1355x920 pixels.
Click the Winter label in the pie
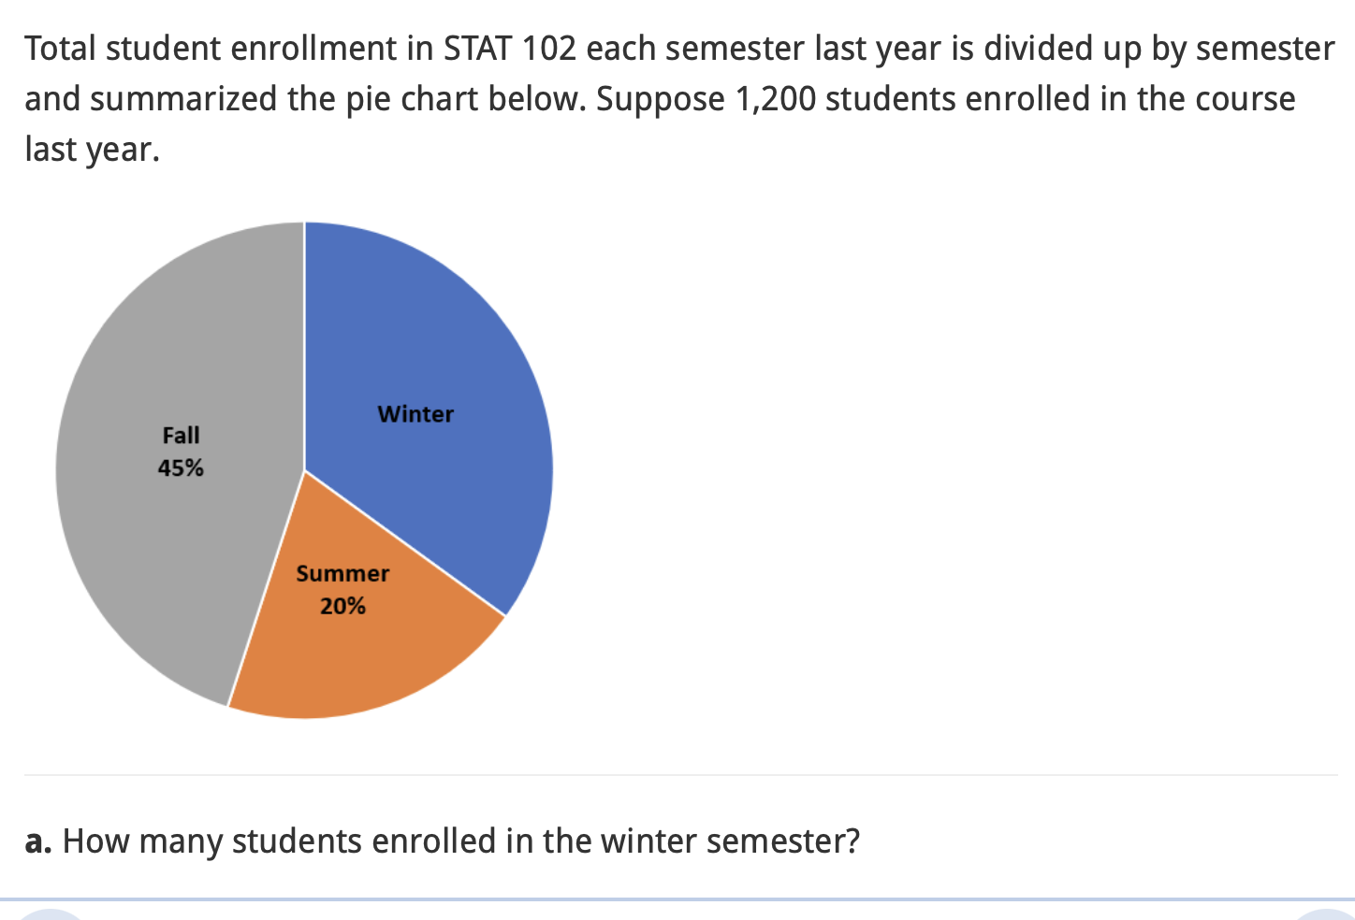415,414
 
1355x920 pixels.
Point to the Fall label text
181,436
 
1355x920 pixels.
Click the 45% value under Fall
181,467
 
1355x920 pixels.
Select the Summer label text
342,574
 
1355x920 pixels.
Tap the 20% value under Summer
342,607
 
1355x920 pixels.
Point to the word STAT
477,49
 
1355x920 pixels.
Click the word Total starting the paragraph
60,49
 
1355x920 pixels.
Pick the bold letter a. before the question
37,841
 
